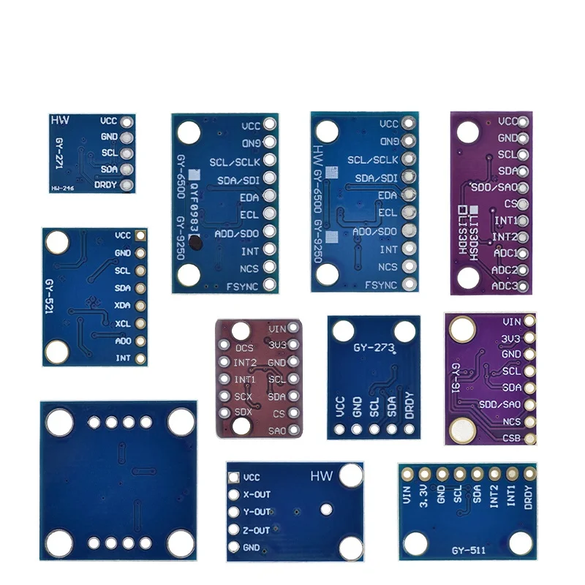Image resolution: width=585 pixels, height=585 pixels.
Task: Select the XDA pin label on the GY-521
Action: click(x=123, y=306)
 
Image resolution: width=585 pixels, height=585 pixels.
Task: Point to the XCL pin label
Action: click(x=123, y=323)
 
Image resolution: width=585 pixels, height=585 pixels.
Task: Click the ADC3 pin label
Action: click(x=505, y=286)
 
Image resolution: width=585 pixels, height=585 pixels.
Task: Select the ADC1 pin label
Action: click(x=505, y=253)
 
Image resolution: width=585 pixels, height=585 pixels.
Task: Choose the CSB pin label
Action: click(x=511, y=439)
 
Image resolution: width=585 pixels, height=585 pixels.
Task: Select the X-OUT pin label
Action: click(x=257, y=494)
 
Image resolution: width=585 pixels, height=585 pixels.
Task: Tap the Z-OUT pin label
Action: click(x=257, y=530)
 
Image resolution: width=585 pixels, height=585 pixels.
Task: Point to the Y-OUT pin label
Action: click(x=257, y=512)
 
